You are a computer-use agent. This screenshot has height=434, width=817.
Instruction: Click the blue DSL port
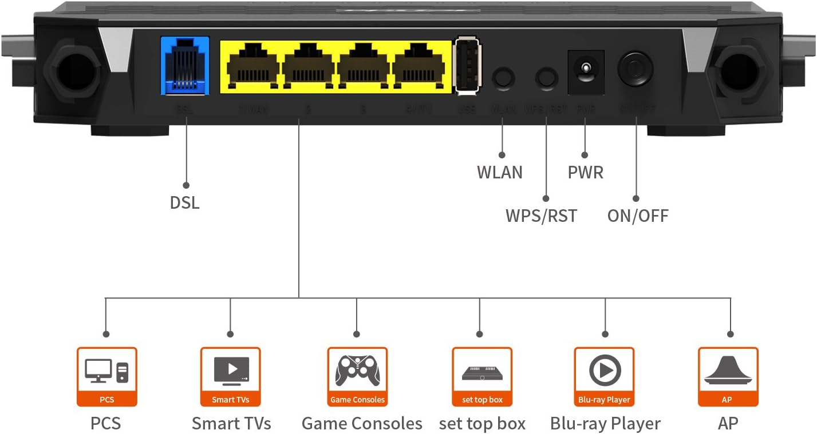[185, 65]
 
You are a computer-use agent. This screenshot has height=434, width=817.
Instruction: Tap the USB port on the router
[467, 65]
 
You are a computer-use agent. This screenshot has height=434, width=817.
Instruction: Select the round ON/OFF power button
[636, 69]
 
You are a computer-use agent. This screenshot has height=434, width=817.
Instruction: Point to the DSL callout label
[185, 202]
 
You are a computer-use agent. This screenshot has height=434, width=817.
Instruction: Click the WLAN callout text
[500, 172]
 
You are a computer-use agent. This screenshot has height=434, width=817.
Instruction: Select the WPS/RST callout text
[541, 216]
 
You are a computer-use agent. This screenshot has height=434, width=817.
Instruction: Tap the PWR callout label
[585, 172]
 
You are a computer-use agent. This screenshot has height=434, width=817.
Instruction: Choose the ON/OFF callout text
[638, 216]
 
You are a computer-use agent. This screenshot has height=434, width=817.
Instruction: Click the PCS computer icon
[107, 371]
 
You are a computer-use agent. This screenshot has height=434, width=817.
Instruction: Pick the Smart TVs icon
[231, 371]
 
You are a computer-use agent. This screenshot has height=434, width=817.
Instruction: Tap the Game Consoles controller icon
[357, 371]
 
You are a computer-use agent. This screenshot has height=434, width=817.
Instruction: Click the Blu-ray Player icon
[605, 371]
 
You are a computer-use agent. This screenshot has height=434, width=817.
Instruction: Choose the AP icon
[728, 371]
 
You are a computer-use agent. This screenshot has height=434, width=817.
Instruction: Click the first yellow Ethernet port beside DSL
[252, 66]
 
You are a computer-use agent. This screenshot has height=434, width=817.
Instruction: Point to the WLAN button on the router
[503, 77]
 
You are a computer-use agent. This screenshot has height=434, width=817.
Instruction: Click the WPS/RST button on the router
[546, 77]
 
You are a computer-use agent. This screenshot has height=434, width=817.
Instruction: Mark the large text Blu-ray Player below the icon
[605, 424]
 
